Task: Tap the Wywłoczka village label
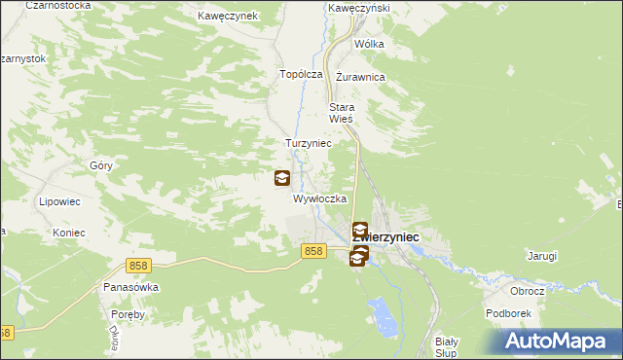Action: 320,198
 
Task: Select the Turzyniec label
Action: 309,143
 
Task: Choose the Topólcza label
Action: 301,74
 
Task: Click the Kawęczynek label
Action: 227,17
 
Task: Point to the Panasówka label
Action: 130,288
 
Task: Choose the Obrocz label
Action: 527,291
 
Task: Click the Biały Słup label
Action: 446,347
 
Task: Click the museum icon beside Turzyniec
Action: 281,178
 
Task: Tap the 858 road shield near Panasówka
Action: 137,266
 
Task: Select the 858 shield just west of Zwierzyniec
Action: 312,251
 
